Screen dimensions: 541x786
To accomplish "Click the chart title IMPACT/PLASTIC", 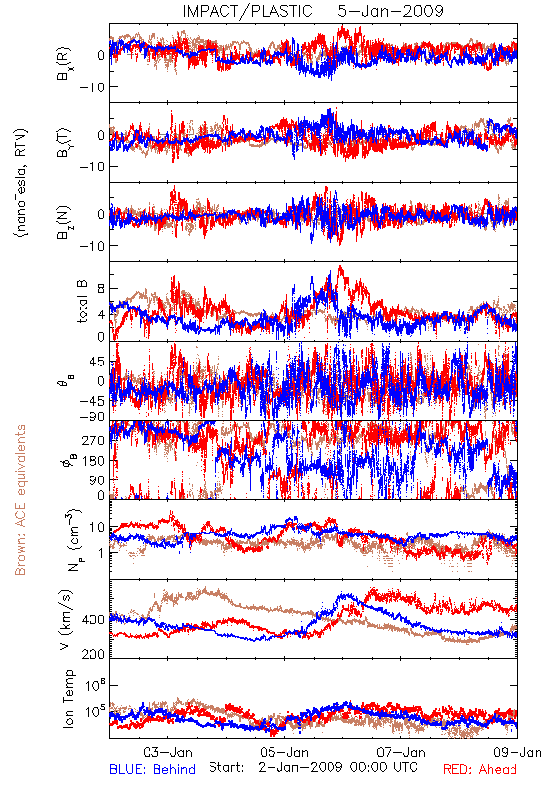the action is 247,11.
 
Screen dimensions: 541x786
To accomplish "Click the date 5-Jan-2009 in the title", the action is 391,11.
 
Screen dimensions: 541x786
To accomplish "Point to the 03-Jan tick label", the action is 167,752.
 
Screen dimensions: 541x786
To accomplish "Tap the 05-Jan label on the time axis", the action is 284,752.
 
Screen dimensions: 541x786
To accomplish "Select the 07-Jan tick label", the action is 401,752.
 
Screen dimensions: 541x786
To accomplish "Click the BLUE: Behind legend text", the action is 152,769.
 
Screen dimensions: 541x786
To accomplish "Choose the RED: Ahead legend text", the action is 480,769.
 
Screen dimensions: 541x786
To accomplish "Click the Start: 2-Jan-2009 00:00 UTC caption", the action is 313,767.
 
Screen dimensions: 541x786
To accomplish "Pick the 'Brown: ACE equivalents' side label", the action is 20,500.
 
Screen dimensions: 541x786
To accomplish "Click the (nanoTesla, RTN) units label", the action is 21,183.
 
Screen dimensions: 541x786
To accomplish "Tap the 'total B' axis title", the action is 83,302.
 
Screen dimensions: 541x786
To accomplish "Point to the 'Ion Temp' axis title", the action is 68,699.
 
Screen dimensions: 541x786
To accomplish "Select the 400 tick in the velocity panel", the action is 93,620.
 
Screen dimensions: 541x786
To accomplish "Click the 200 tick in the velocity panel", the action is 93,653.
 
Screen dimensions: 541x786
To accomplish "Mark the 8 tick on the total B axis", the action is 102,288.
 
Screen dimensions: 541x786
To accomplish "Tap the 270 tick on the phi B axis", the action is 93,440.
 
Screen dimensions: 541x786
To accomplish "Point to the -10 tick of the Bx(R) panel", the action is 91,87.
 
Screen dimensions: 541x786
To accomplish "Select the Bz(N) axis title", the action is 64,222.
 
